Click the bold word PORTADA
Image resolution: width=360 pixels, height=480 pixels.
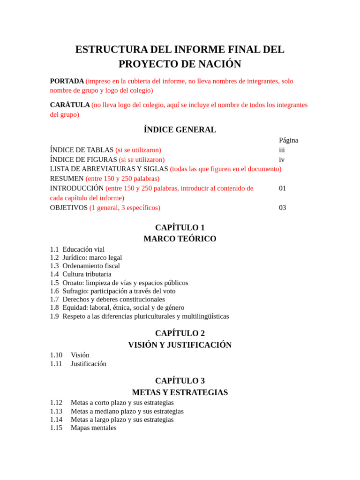point(67,81)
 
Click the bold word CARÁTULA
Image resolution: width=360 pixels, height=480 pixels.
point(70,105)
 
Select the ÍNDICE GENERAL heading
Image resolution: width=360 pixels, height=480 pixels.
point(180,130)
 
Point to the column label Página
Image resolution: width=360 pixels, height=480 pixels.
point(288,140)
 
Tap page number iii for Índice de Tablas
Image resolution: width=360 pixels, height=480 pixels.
point(282,150)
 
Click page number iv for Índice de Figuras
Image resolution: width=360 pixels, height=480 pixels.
point(282,160)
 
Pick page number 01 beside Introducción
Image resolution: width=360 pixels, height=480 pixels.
point(282,188)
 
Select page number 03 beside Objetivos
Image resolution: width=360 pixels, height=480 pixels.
point(282,208)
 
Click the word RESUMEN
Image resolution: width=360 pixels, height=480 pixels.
point(67,179)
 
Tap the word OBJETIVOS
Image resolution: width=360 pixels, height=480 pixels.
point(68,208)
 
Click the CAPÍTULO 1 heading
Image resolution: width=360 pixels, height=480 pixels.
point(180,228)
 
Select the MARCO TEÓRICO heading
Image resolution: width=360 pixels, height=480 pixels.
point(180,239)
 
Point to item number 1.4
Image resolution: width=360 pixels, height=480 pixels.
point(54,274)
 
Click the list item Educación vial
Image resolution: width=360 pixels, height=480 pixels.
point(83,249)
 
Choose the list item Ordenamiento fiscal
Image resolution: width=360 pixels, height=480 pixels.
point(91,266)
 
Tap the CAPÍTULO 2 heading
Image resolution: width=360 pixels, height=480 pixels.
point(180,334)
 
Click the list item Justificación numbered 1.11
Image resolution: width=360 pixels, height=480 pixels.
point(89,364)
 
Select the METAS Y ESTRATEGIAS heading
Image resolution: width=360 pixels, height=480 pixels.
point(180,392)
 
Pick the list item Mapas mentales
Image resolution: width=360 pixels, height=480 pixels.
point(94,428)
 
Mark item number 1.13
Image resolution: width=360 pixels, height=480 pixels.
point(56,411)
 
